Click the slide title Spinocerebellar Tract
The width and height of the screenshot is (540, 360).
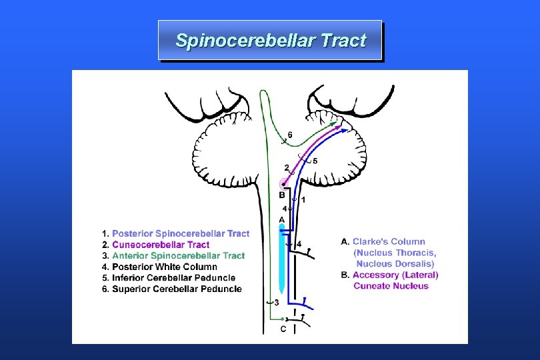click(x=270, y=41)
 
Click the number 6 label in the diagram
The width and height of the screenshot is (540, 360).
click(x=289, y=135)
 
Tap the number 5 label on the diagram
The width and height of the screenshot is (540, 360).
click(x=315, y=161)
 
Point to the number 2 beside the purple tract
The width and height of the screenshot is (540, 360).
click(x=287, y=167)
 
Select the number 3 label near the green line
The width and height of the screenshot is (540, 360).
click(x=276, y=303)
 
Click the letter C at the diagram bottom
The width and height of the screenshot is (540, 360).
click(x=283, y=329)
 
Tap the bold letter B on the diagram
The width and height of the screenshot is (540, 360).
click(x=282, y=195)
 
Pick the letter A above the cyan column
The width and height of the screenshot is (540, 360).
click(x=281, y=219)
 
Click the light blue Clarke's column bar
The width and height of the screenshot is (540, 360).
click(x=282, y=260)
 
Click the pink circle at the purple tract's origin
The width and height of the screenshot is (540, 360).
click(x=285, y=183)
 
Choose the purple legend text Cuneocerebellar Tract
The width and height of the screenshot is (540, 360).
click(x=160, y=245)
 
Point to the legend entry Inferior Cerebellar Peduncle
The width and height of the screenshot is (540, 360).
click(x=173, y=278)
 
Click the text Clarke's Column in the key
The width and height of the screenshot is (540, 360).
click(x=388, y=241)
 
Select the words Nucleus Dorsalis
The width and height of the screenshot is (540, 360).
click(x=395, y=263)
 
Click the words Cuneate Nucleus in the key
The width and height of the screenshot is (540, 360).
click(x=391, y=286)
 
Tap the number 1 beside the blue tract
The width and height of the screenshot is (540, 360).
click(x=303, y=199)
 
